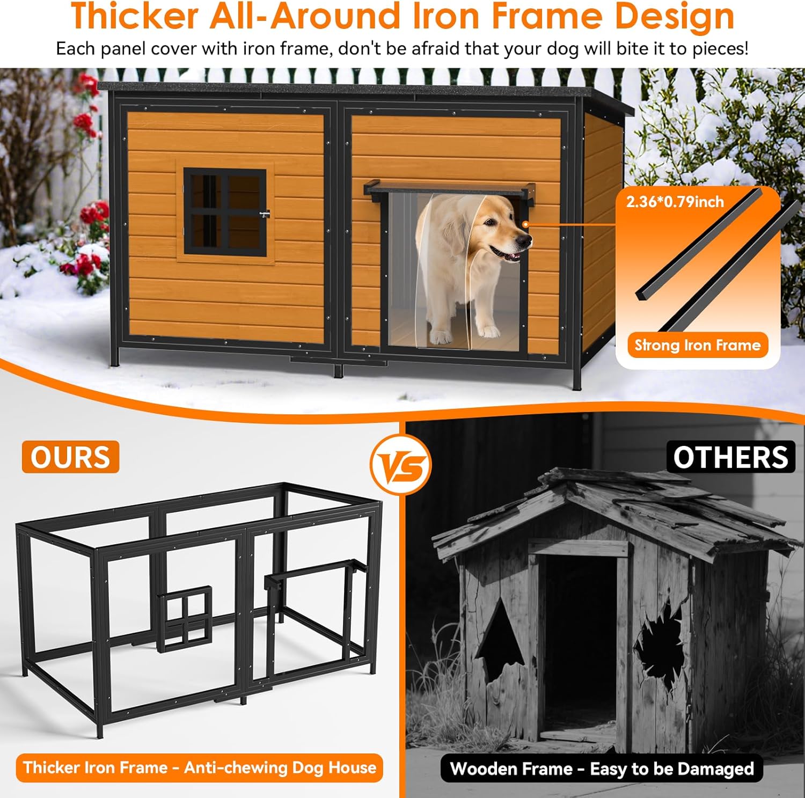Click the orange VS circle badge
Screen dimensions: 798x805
(401, 464)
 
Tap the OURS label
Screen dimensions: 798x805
(70, 457)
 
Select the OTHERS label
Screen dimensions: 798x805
(730, 457)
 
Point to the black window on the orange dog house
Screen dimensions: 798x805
(225, 212)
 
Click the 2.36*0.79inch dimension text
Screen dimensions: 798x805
(675, 202)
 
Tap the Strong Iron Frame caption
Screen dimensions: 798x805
(697, 345)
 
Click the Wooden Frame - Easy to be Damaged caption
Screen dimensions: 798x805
(602, 768)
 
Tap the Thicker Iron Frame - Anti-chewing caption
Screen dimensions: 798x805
(199, 767)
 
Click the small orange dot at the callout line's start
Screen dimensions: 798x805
(526, 224)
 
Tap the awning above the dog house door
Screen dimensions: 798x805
(450, 189)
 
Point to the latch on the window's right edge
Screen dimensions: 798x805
(264, 214)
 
